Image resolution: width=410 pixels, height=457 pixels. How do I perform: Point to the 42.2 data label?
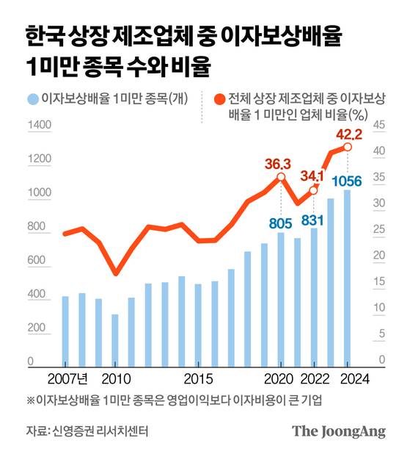(x=349, y=133)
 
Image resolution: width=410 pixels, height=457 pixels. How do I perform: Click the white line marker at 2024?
(x=347, y=148)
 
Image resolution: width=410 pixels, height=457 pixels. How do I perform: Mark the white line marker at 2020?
(x=281, y=177)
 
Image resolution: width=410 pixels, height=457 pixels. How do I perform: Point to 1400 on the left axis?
(x=38, y=126)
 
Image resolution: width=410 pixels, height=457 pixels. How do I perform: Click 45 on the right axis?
(x=379, y=126)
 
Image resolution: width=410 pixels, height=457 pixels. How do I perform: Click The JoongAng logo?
(x=338, y=431)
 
